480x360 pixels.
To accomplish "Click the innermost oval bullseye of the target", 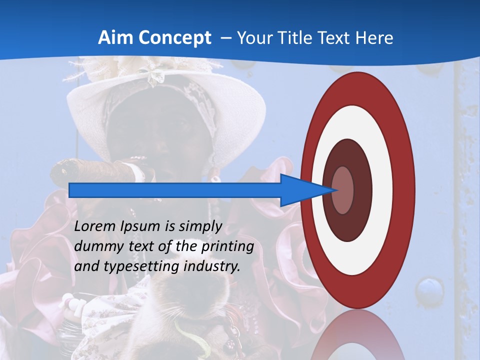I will point(343,190).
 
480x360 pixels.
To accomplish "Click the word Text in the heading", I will point(335,38).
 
